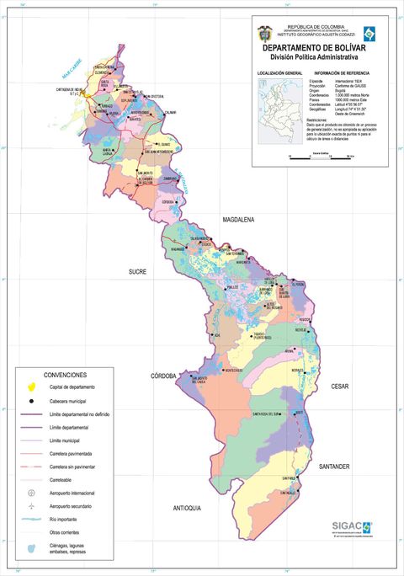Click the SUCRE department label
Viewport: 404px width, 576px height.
[x=137, y=272]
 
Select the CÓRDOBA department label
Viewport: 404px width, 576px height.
[x=163, y=376]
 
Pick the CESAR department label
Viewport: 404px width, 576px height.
[x=339, y=387]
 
